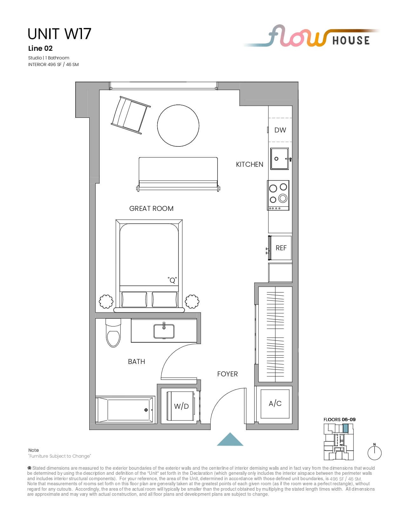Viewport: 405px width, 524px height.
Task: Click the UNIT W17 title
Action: tap(59, 34)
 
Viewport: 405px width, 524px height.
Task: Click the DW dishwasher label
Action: tap(280, 130)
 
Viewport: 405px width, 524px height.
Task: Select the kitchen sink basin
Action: tap(280, 159)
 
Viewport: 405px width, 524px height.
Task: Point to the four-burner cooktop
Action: tap(278, 195)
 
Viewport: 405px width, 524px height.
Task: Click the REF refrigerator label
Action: tap(281, 248)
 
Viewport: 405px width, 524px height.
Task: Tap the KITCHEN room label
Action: tap(249, 165)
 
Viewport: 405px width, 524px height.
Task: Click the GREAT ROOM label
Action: tap(151, 208)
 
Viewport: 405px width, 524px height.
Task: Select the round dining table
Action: tap(178, 125)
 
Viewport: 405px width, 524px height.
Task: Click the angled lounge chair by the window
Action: tap(131, 115)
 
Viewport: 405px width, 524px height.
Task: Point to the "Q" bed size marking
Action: tap(172, 280)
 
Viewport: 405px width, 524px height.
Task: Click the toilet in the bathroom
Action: tap(113, 333)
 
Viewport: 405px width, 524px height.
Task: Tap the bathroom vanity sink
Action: tap(164, 331)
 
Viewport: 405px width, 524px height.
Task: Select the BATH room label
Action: tap(136, 361)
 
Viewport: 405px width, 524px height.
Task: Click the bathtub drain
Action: tap(146, 410)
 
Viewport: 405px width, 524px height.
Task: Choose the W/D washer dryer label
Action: tap(181, 406)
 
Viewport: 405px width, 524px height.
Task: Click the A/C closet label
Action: tap(275, 403)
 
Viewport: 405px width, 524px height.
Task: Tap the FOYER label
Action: tap(227, 374)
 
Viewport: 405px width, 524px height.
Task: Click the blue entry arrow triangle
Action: tap(230, 439)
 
